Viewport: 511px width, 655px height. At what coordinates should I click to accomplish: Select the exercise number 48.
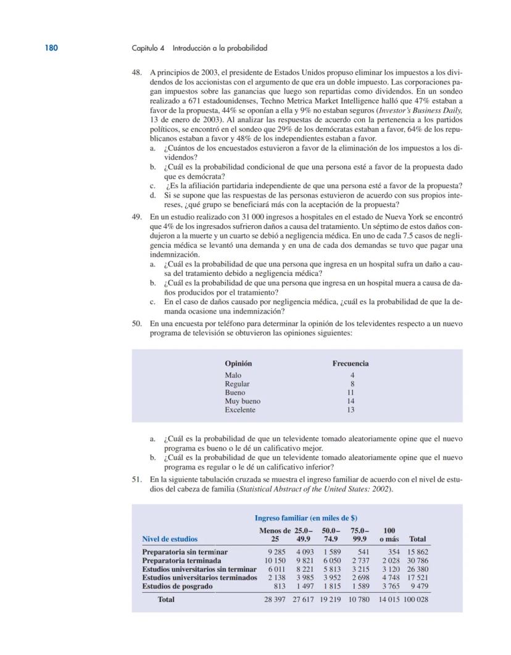pyautogui.click(x=138, y=72)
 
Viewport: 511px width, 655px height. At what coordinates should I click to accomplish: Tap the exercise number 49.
pyautogui.click(x=138, y=217)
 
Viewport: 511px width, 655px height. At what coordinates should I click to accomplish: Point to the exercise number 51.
pyautogui.click(x=138, y=479)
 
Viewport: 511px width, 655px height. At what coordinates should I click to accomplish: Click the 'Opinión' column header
pyautogui.click(x=238, y=363)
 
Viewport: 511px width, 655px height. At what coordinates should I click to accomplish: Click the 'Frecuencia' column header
pyautogui.click(x=351, y=363)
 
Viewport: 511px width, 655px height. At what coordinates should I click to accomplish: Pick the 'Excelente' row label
pyautogui.click(x=240, y=410)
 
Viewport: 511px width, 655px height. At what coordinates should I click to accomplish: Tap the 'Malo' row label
pyautogui.click(x=233, y=375)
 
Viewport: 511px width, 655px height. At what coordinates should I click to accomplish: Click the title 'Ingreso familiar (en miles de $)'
pyautogui.click(x=306, y=518)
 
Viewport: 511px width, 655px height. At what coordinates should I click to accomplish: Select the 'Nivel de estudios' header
pyautogui.click(x=170, y=539)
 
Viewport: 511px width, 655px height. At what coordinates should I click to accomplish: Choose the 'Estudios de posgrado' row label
pyautogui.click(x=177, y=587)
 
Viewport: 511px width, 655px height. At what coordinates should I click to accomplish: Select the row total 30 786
pyautogui.click(x=418, y=561)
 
